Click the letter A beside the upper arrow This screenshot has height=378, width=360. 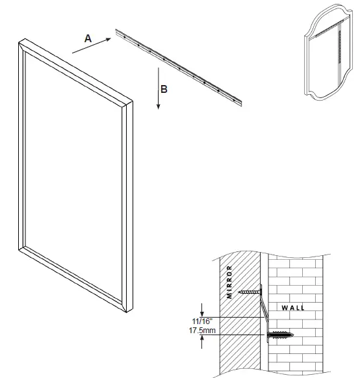coord(88,38)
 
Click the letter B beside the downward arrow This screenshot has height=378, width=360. coord(164,90)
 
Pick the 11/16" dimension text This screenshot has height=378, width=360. coord(199,320)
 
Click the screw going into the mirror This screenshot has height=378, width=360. coord(249,292)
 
